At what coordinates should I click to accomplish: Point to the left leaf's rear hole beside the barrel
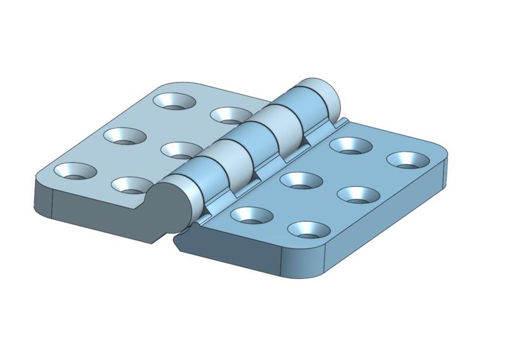(230, 115)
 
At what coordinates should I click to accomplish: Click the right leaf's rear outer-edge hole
(405, 159)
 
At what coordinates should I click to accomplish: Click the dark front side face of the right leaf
(241, 250)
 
